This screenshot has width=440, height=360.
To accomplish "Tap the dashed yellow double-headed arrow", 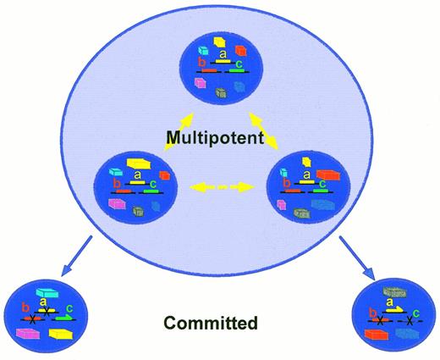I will pos(222,185).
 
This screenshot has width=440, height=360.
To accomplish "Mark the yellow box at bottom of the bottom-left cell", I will pos(60,335).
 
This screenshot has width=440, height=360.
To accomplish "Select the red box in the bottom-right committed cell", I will pos(377,335).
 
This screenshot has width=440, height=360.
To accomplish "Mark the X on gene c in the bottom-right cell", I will pos(410,320).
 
